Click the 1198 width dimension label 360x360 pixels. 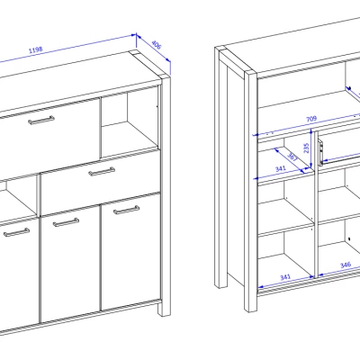(x=36, y=49)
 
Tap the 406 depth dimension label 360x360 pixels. (x=157, y=45)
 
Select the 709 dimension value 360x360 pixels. (x=311, y=119)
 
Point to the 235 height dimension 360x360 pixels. (x=306, y=148)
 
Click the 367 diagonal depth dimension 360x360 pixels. (x=292, y=157)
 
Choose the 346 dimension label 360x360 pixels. (x=346, y=265)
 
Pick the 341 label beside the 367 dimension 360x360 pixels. (x=280, y=169)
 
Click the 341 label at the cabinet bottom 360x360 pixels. (x=285, y=277)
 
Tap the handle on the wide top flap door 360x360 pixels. (x=41, y=120)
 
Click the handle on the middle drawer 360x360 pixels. (x=102, y=172)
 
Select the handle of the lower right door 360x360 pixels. (x=126, y=210)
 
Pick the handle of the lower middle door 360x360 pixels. (x=66, y=222)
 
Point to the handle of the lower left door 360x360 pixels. (x=16, y=232)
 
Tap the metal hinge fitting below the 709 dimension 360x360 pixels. (x=320, y=152)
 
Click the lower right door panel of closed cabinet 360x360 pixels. (x=130, y=252)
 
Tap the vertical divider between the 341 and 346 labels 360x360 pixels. (x=316, y=204)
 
